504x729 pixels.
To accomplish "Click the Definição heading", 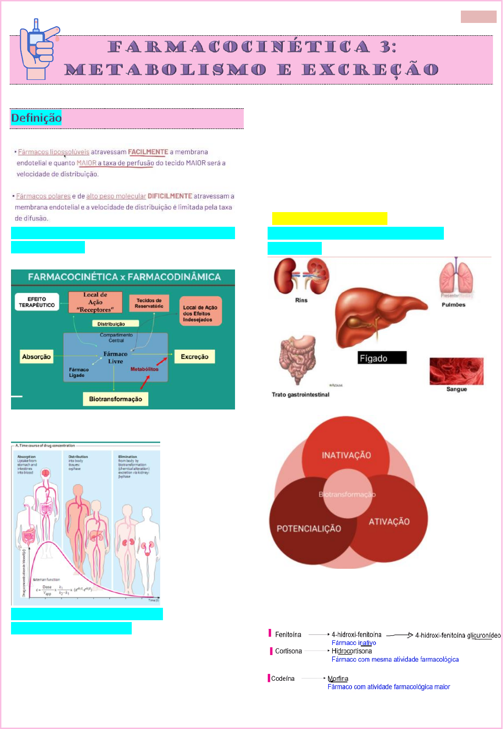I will coord(36,118).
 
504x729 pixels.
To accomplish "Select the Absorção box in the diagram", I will coord(36,357).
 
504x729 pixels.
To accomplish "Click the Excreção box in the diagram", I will coord(194,357).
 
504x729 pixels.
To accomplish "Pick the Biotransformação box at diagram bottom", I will coord(115,399).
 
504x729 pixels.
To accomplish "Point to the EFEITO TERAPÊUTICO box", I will coord(37,302).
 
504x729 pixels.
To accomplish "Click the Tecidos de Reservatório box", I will coord(149,303).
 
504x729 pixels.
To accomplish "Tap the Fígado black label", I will coord(382,358).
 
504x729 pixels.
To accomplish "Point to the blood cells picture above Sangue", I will coord(456,371).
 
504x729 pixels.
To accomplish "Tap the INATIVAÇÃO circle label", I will coord(346,455).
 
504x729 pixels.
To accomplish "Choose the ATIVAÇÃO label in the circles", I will coord(389,522).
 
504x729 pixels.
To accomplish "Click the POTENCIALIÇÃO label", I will coord(308,529).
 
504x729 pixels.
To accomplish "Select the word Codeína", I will coord(283,679).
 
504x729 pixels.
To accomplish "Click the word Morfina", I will coord(338,679).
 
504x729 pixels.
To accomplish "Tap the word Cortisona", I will coord(288,651).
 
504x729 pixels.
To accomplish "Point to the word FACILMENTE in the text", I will coord(148,152).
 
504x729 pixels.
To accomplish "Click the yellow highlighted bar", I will coord(330,219).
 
